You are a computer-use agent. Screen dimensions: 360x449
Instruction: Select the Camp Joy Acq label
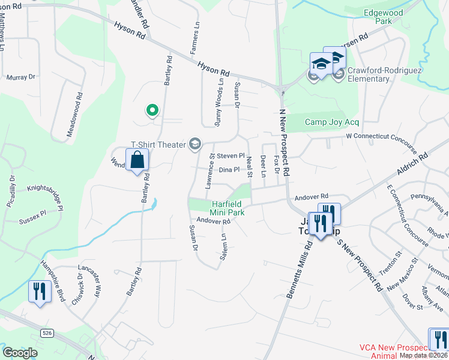331,122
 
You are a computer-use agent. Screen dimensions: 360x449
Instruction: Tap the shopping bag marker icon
137,160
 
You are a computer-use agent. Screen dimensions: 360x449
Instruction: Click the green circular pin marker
152,110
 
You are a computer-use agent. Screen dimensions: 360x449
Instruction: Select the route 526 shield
47,332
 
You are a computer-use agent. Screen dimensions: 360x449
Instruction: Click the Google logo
20,353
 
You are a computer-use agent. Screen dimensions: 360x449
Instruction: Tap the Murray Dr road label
21,77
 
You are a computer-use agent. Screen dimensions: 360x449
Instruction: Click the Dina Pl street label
229,170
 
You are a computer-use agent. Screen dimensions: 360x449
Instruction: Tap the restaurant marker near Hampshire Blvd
39,292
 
